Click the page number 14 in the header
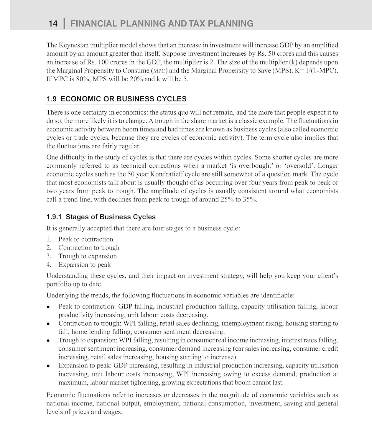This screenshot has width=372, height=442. click(x=53, y=24)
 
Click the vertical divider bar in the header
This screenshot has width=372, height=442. click(x=64, y=24)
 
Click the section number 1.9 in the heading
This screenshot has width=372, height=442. click(x=51, y=99)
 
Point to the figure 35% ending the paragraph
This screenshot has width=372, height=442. click(x=249, y=199)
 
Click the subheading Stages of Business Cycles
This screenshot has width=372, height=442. click(x=111, y=217)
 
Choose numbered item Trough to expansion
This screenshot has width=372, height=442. click(x=88, y=256)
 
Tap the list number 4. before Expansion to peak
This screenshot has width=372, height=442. click(x=49, y=265)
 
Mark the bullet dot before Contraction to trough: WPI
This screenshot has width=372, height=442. click(x=48, y=324)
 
